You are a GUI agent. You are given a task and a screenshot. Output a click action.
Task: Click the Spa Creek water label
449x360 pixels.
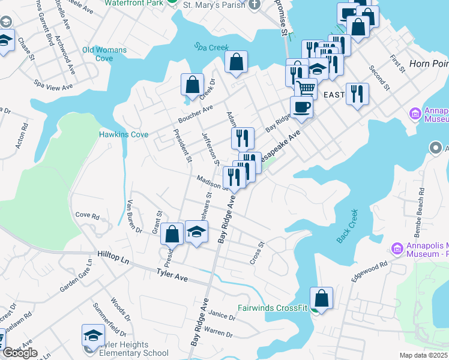click(x=208, y=46)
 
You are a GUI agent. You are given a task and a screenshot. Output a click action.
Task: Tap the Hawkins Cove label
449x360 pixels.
click(x=124, y=135)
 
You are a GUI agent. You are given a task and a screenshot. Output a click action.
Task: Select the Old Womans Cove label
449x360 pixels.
click(x=106, y=54)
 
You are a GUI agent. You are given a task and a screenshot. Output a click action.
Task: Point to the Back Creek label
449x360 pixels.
click(x=347, y=226)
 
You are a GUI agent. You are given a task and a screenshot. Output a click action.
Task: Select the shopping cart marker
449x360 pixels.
click(x=307, y=89)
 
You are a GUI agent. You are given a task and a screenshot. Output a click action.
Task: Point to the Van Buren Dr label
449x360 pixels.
click(x=134, y=217)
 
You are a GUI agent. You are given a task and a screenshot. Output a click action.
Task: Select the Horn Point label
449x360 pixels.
click(x=429, y=64)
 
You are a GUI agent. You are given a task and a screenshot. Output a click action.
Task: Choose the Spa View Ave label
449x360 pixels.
click(x=53, y=85)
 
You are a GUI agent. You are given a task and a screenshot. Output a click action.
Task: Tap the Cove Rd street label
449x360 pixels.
click(x=86, y=215)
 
